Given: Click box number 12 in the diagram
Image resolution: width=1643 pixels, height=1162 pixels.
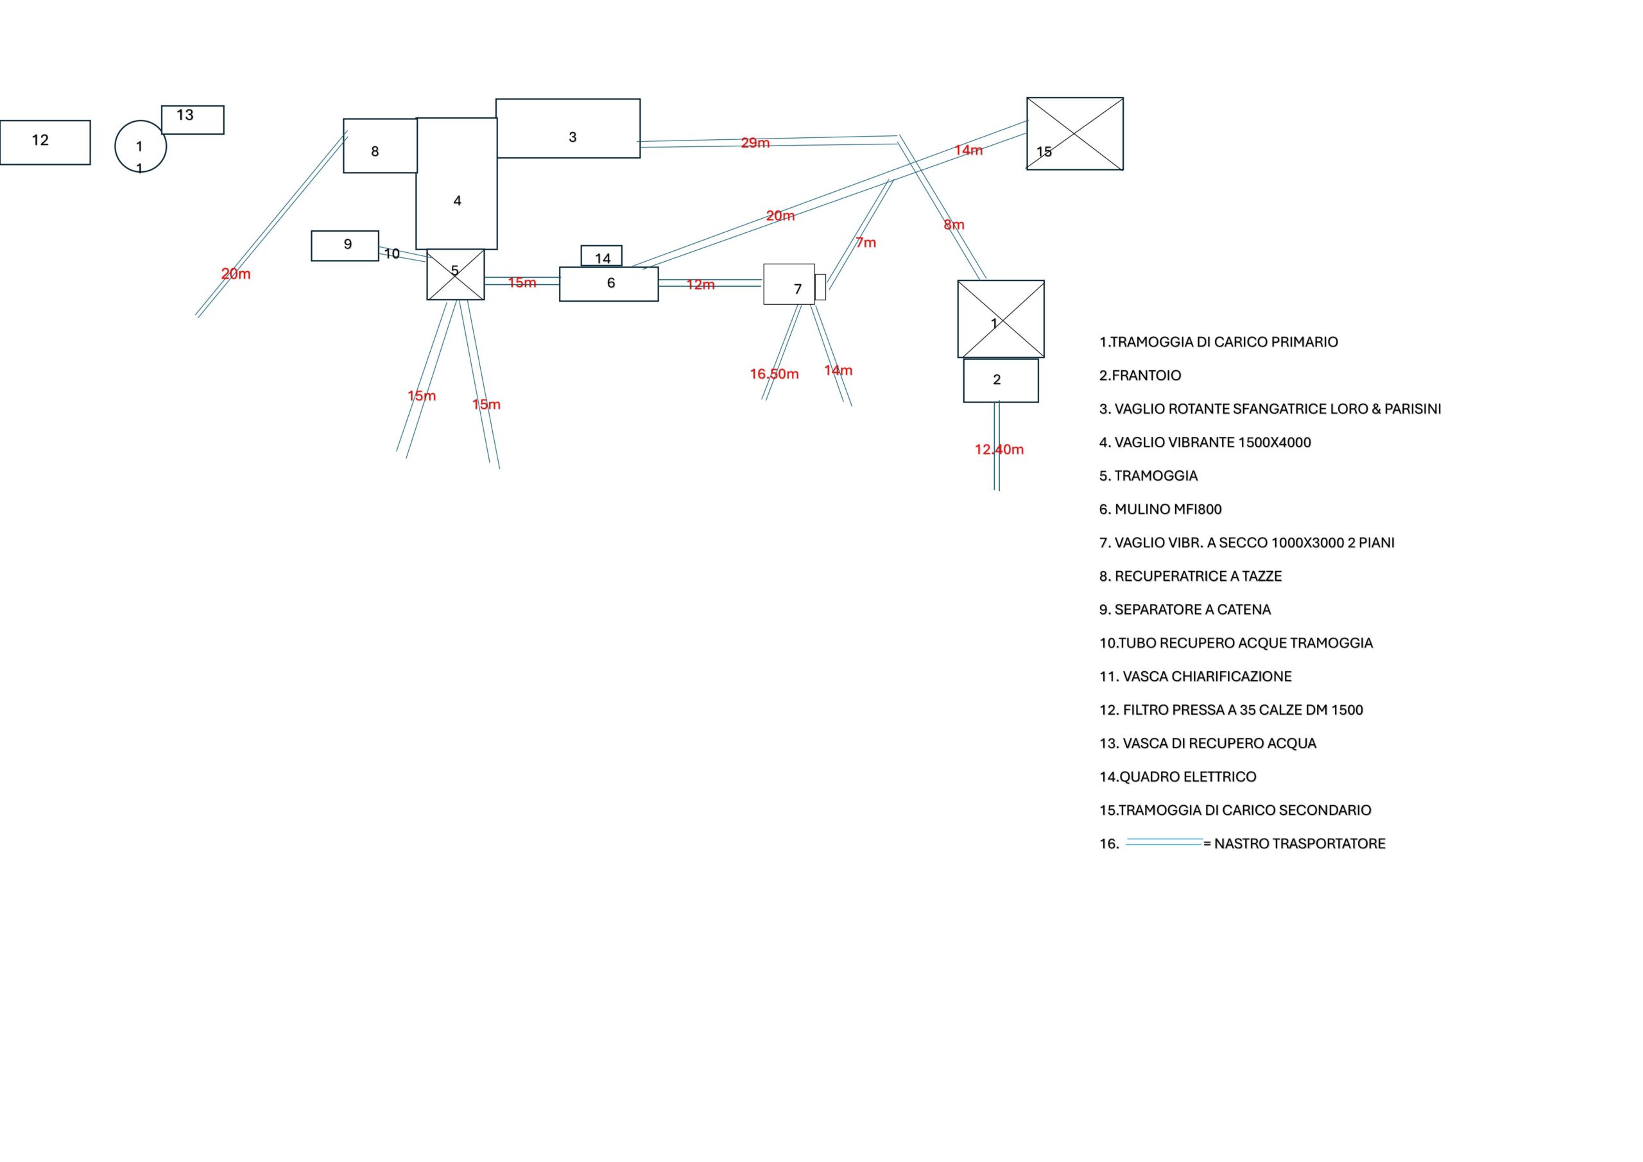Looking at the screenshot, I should point(45,142).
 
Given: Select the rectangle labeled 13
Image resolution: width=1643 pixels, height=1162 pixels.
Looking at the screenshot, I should point(193,120).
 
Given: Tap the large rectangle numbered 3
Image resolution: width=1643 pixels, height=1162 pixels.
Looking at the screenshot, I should point(567,129).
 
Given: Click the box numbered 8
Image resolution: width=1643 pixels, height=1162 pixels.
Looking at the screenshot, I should point(380,146).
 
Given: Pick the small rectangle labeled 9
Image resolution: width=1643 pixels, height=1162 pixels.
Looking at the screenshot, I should point(345,245).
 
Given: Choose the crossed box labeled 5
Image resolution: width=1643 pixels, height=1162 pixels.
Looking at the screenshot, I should point(455,275).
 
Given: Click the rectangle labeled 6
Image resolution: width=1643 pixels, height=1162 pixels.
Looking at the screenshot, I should point(608,284).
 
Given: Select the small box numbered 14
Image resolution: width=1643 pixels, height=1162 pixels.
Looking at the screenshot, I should point(601,256).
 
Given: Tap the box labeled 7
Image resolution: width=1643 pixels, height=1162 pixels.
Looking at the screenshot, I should point(789,285).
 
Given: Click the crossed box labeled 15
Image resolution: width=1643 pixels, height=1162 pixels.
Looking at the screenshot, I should point(1075,134).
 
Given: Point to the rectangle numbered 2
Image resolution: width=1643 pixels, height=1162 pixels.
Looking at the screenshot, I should point(1001,380).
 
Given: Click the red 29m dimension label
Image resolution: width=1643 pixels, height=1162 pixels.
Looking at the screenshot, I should point(755,143).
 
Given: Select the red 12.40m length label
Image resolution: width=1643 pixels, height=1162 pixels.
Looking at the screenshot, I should point(999,449).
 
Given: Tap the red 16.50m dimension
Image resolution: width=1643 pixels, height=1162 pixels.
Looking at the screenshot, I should point(774,374).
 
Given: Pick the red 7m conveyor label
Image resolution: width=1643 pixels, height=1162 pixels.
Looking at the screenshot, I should point(866,243).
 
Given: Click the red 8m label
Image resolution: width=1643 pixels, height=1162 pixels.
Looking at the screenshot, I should point(954,225).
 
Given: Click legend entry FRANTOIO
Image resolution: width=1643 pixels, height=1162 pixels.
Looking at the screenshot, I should point(1140,375).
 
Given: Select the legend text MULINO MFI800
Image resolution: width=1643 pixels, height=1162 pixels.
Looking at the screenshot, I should point(1160,509).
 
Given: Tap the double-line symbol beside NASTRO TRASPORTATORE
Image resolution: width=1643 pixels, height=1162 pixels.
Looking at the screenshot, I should point(1164,842).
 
